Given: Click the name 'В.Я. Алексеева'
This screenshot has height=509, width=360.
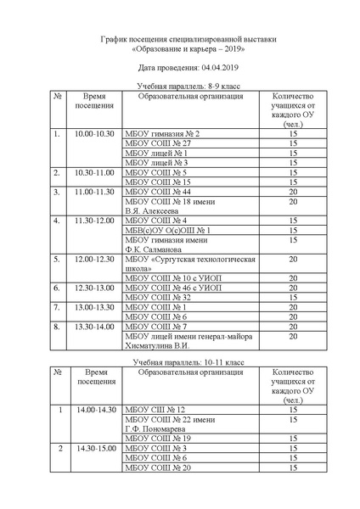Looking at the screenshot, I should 155,211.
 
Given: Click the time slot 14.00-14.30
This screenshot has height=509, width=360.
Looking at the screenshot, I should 95,410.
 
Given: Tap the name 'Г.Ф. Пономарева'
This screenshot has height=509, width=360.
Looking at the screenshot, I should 159,429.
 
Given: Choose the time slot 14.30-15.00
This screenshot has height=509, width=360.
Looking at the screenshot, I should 95,448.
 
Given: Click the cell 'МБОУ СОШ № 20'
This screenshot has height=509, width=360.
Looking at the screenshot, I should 158,467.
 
